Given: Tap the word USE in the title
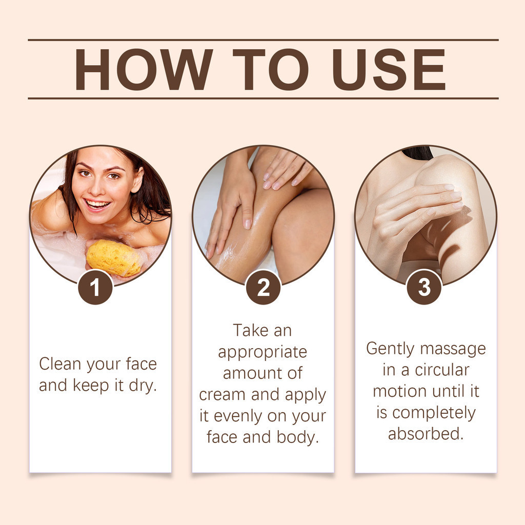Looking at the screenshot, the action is click(389, 69).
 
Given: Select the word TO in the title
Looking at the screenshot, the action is click(270, 69).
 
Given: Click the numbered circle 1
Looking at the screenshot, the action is click(95, 287).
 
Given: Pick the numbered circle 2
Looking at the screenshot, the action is click(263, 287).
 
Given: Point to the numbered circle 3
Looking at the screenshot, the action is click(424, 287).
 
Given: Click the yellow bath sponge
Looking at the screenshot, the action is click(113, 257).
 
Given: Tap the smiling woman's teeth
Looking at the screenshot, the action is click(97, 204).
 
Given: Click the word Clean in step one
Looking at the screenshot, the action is click(60, 364).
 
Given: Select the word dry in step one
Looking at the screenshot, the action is click(143, 386).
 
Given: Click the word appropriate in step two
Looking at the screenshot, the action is click(262, 353).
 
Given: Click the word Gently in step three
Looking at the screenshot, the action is click(390, 349).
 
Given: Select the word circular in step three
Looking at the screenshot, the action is click(442, 370).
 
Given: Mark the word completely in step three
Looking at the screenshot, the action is click(434, 413).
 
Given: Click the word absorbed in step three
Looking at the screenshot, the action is click(426, 434).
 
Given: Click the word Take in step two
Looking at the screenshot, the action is click(250, 330).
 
